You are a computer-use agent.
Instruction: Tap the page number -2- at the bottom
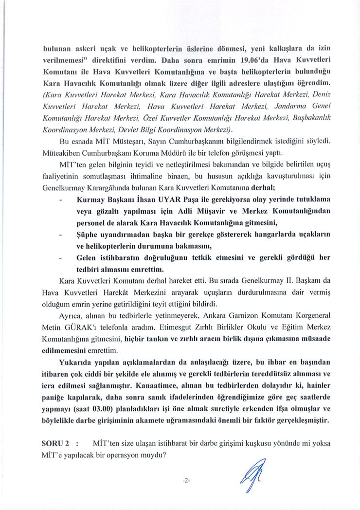(186, 480)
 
